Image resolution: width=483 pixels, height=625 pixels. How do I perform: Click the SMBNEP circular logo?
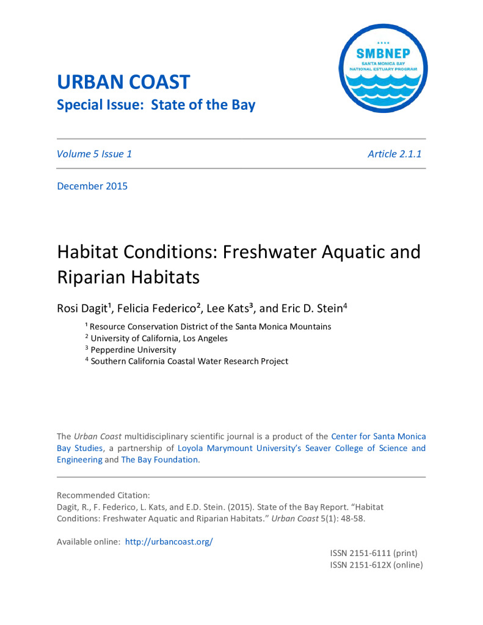[x=383, y=68]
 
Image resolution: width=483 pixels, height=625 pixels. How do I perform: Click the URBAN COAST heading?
[x=123, y=82]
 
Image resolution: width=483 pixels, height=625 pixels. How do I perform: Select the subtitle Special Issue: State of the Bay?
[x=156, y=104]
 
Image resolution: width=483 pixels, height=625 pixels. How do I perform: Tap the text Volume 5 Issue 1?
[x=94, y=154]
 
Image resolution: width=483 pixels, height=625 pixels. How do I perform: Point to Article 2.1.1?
[x=394, y=154]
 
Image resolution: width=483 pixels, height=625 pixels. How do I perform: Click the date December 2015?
[x=92, y=186]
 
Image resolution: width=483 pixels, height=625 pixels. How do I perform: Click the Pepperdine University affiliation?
[x=133, y=350]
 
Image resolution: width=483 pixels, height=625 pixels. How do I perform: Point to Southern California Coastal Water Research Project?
[x=189, y=361]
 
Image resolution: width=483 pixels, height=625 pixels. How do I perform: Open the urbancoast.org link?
[x=169, y=541]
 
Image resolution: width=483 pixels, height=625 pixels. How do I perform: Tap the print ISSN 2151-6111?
[x=373, y=553]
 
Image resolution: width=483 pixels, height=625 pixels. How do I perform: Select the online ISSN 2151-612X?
[x=376, y=565]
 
